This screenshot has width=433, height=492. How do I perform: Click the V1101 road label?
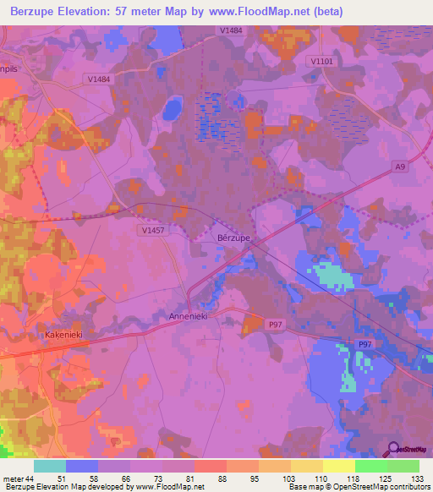[321, 61]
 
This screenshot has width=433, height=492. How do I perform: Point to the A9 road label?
[400, 167]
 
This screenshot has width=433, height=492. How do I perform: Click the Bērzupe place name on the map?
[233, 238]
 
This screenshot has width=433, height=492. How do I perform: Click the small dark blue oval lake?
[173, 107]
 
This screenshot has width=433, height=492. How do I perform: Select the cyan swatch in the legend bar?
[50, 466]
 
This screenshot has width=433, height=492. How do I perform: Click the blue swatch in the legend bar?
[82, 466]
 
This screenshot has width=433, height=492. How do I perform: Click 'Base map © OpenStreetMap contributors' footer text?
[358, 487]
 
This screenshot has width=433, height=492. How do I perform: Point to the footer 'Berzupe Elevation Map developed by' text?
[69, 487]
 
